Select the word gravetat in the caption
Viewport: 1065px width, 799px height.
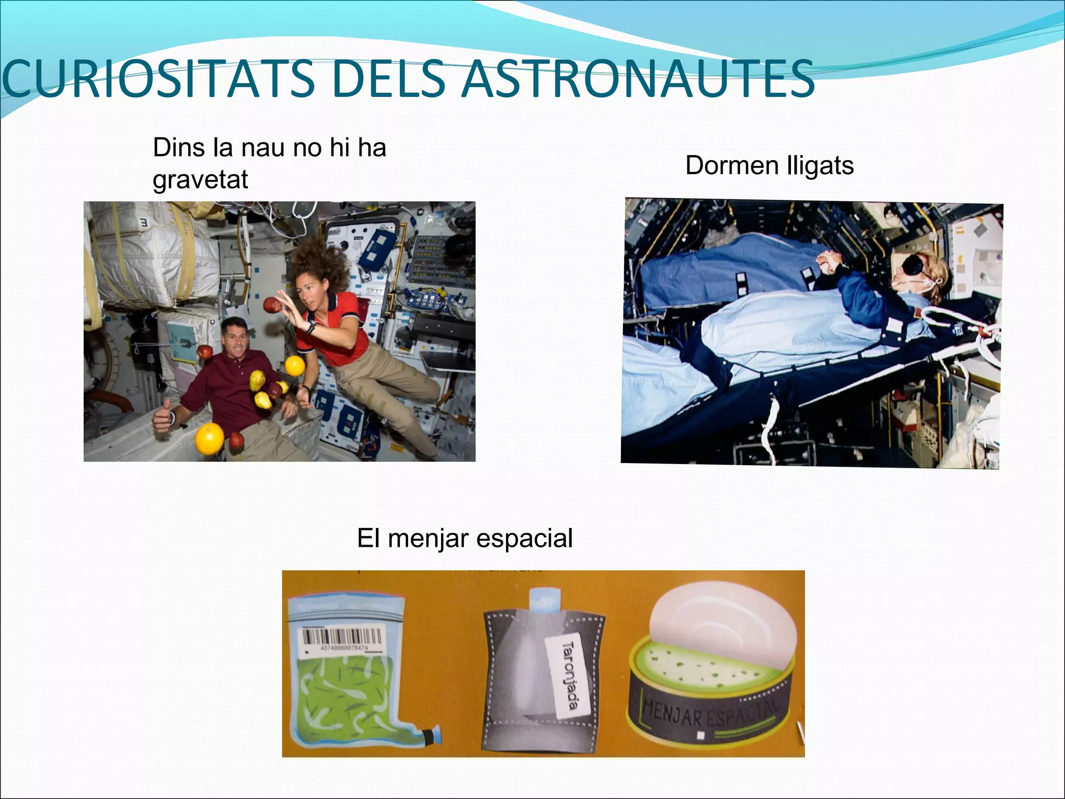click(x=200, y=180)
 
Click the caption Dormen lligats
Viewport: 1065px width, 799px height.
click(x=769, y=166)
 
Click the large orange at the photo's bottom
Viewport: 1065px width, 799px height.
click(x=209, y=440)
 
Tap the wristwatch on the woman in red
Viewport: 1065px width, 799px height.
click(x=310, y=328)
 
